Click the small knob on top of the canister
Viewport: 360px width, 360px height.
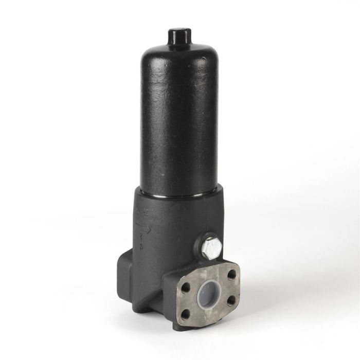coord(179,36)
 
